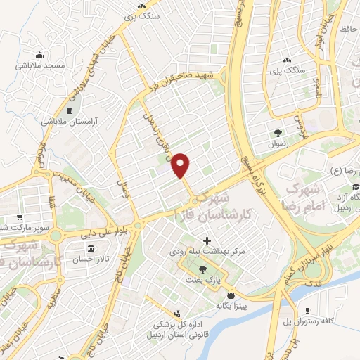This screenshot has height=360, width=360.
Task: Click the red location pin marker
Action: coord(181,165)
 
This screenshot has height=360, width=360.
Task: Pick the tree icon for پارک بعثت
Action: coord(203,269)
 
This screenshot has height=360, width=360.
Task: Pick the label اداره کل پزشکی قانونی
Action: coord(177,328)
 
